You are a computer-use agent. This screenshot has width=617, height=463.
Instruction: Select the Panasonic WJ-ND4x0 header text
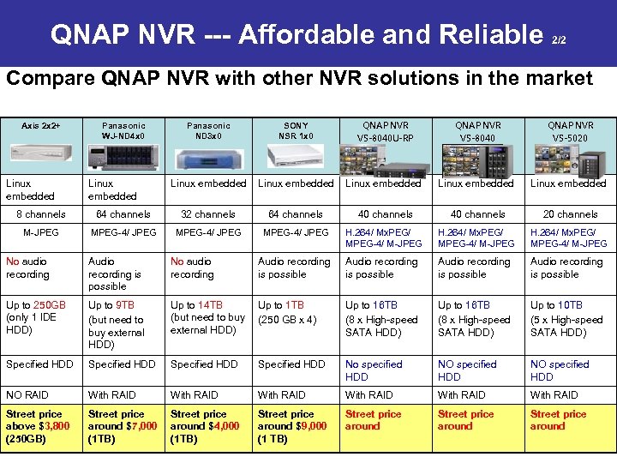[123, 130]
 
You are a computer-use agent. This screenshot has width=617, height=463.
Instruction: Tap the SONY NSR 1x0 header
[296, 130]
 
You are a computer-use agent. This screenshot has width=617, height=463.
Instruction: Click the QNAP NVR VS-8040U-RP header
[386, 131]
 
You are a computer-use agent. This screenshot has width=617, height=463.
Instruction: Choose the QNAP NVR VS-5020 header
[570, 131]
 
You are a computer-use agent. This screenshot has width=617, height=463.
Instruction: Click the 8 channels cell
[41, 214]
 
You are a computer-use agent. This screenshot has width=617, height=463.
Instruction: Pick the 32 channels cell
[207, 214]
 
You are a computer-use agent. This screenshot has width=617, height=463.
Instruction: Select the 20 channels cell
[570, 214]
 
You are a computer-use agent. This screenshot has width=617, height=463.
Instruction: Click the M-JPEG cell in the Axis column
[40, 232]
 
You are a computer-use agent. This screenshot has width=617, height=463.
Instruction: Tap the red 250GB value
[51, 305]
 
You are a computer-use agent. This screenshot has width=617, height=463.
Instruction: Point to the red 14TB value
[210, 305]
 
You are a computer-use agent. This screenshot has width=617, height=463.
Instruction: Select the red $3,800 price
[52, 426]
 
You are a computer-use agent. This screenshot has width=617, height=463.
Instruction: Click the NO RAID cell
[27, 395]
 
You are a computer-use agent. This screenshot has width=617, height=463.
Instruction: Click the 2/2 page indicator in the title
[558, 40]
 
